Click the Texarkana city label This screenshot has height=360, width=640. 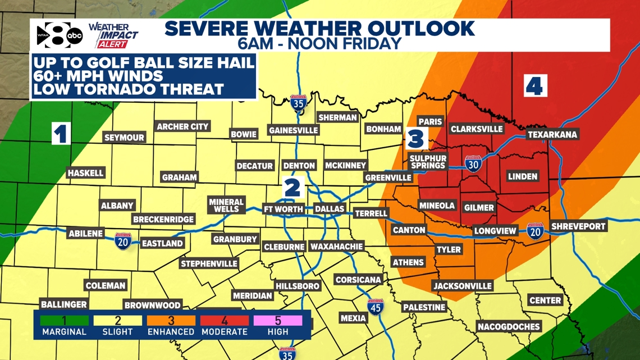click(x=552, y=135)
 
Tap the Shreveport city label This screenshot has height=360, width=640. click(x=578, y=226)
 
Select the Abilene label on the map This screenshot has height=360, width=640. click(x=85, y=234)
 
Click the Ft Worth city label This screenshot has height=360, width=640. click(x=284, y=209)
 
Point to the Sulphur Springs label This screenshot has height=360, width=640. click(x=427, y=162)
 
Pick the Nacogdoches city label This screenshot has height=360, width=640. click(x=509, y=326)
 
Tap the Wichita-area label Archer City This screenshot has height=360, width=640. click(x=182, y=126)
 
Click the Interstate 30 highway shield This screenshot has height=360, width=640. click(x=473, y=163)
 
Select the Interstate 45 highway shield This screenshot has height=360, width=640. click(x=376, y=307)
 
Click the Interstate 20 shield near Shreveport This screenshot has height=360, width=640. click(x=535, y=230)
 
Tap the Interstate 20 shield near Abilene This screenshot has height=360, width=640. click(x=123, y=241)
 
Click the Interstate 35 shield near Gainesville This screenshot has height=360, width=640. click(x=299, y=104)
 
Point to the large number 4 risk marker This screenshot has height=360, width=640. click(x=534, y=86)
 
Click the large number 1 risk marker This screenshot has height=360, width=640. click(x=61, y=134)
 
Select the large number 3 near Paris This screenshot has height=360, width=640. click(x=416, y=138)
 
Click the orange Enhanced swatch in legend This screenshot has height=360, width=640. click(x=171, y=321)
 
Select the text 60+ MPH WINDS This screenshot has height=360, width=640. click(x=99, y=76)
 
